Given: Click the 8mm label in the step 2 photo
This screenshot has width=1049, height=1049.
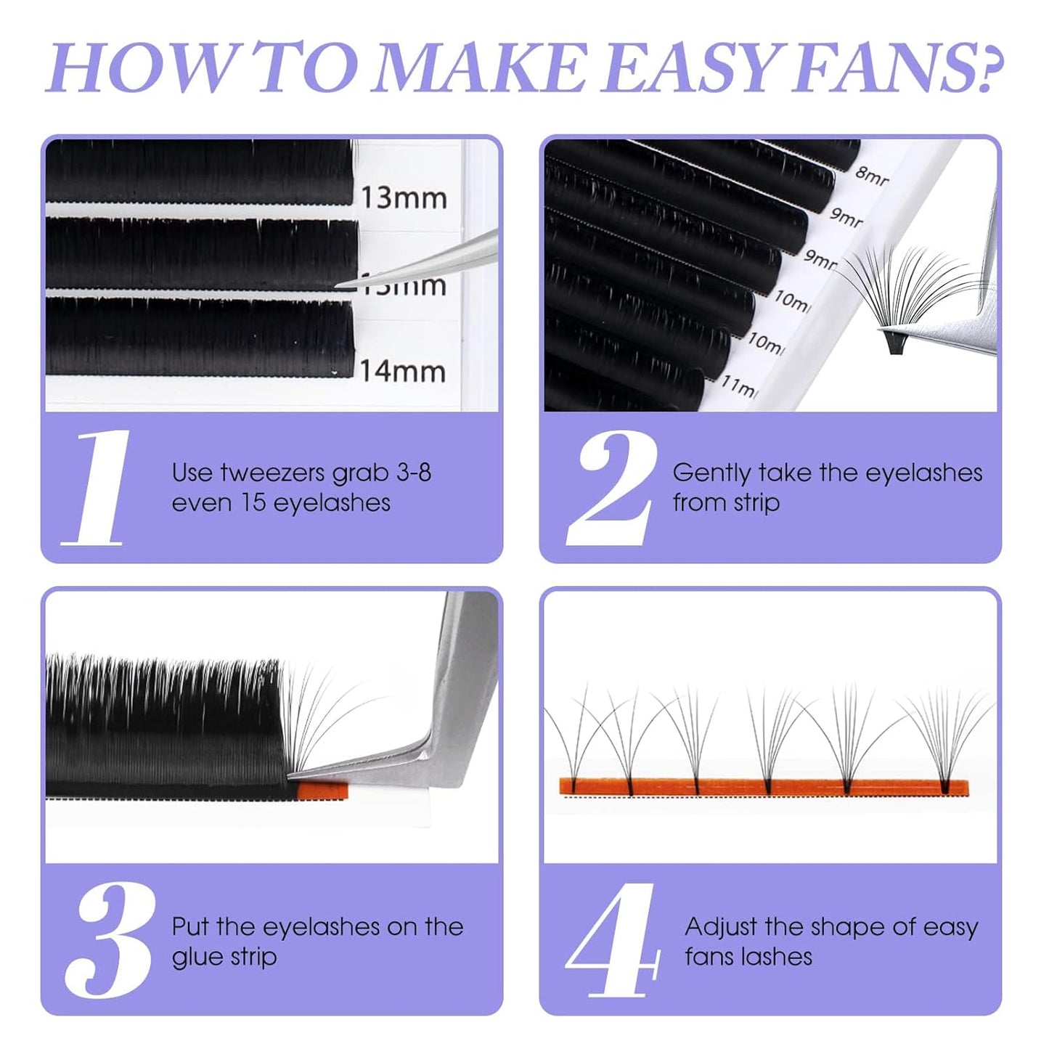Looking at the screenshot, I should tap(872, 176).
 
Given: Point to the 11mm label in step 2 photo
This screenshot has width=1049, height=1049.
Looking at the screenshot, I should tap(738, 386).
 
